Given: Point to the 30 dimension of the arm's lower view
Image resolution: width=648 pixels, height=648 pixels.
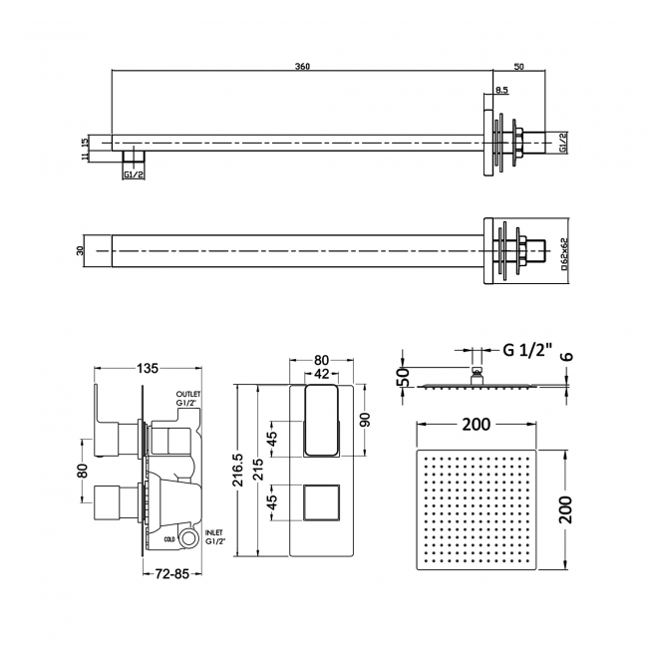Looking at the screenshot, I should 81,250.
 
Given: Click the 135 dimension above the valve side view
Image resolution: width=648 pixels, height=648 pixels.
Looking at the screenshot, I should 148,369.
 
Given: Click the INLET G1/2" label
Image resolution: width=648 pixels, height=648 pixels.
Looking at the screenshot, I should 212,539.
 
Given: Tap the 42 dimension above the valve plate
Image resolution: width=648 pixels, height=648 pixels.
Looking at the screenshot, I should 321,375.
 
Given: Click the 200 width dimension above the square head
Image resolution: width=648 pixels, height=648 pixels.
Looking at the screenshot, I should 478,426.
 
